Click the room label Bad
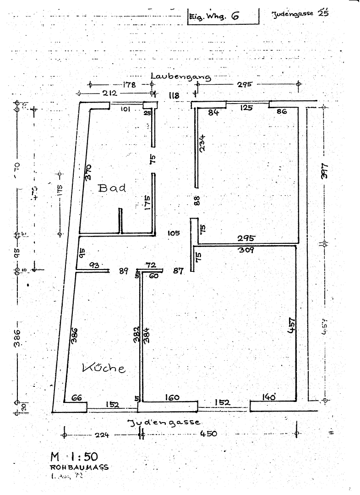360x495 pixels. (x=112, y=188)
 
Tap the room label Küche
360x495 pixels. (x=104, y=368)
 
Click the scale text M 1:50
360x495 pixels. (x=74, y=456)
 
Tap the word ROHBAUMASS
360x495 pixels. (x=80, y=467)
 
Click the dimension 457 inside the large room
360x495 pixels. (x=291, y=324)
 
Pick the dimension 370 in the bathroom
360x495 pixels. (x=88, y=171)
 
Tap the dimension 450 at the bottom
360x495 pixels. (x=208, y=434)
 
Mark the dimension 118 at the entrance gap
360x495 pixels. (x=174, y=95)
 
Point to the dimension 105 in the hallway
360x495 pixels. (x=174, y=233)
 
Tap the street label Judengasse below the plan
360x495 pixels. (x=164, y=422)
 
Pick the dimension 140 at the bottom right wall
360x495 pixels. (x=270, y=397)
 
